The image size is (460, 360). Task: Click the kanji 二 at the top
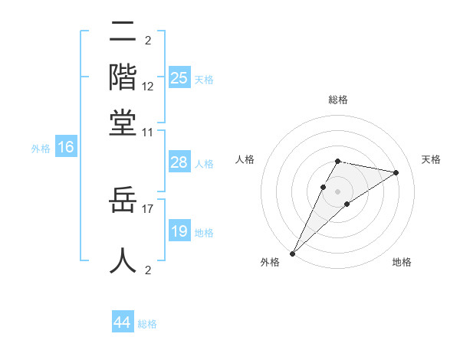pyautogui.click(x=123, y=32)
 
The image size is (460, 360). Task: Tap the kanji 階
pyautogui.click(x=123, y=77)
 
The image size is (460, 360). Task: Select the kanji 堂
pyautogui.click(x=123, y=122)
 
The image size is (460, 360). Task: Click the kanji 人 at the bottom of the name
pyautogui.click(x=123, y=259)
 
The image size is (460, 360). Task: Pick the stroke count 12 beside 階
pyautogui.click(x=148, y=87)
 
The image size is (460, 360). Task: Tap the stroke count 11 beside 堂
pyautogui.click(x=148, y=132)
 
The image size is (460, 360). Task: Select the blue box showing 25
pyautogui.click(x=179, y=78)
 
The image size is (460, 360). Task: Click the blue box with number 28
pyautogui.click(x=179, y=162)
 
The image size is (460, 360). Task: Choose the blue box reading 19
pyautogui.click(x=179, y=231)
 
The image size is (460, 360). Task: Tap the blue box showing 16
pyautogui.click(x=65, y=148)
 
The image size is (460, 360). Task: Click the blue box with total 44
pyautogui.click(x=122, y=322)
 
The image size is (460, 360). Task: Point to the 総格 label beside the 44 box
pyautogui.click(x=147, y=324)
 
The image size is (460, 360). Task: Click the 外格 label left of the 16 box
pyautogui.click(x=41, y=149)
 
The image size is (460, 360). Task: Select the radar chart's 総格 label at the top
pyautogui.click(x=337, y=100)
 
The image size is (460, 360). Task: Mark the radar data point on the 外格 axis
pyautogui.click(x=293, y=253)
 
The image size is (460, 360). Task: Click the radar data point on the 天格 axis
pyautogui.click(x=396, y=172)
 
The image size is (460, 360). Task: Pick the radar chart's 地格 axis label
pyautogui.click(x=402, y=262)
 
